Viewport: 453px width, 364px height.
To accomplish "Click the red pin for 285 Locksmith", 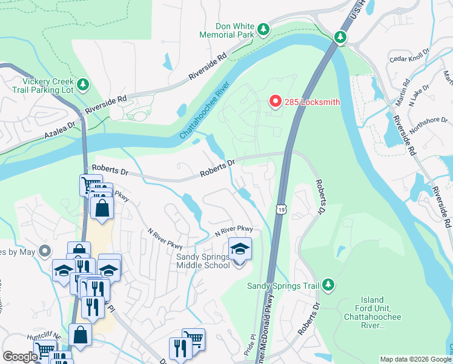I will [275, 101].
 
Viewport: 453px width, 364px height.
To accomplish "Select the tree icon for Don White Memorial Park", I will [263, 29].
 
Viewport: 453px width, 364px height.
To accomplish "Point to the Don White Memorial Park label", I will [236, 31].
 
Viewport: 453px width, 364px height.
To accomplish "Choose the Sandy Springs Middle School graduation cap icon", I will [240, 249].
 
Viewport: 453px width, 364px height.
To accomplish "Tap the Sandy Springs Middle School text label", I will [203, 261].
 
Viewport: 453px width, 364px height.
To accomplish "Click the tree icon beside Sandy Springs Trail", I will [328, 285].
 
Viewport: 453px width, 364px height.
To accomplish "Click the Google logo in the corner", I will [20, 357].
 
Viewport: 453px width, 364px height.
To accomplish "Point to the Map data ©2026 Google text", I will [415, 359].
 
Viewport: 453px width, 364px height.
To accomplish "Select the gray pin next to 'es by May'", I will [44, 251].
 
